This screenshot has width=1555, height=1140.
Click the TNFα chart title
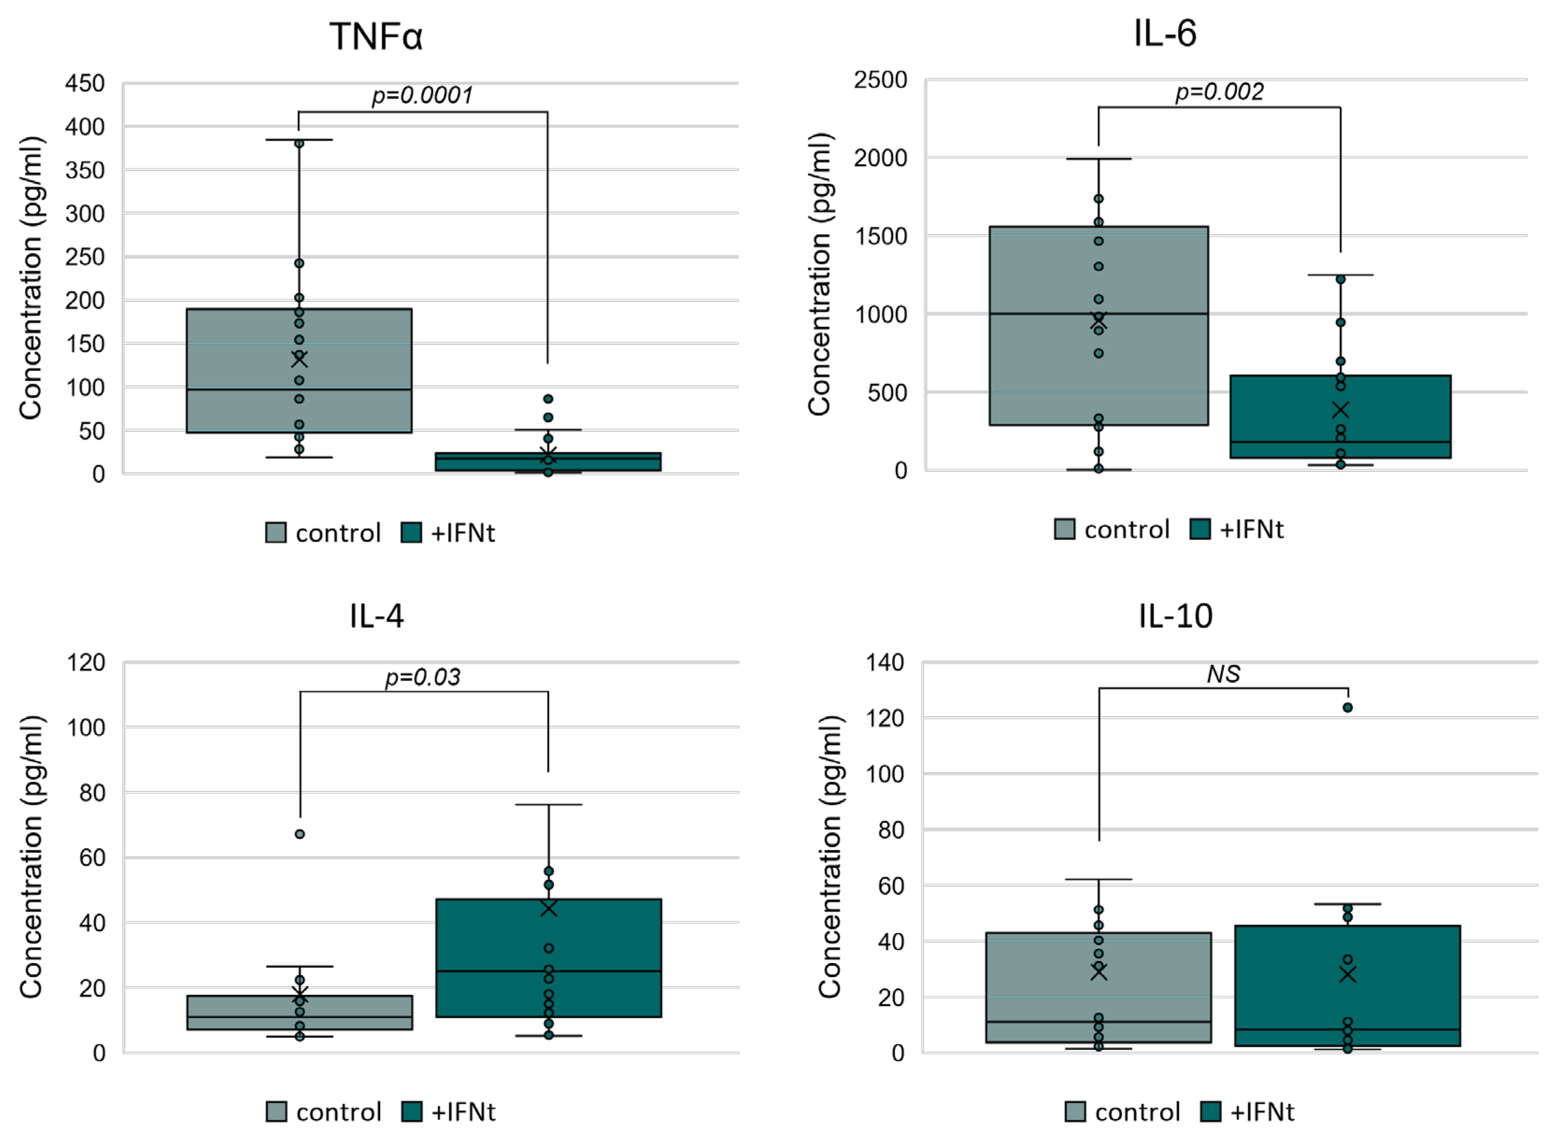click(376, 36)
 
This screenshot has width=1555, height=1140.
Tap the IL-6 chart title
click(1164, 33)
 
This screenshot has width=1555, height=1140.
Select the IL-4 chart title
click(376, 615)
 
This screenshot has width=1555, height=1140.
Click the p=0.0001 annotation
click(422, 95)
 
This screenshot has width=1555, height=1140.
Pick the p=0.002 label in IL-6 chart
click(1219, 92)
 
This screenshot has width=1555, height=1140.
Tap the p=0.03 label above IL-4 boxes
click(422, 677)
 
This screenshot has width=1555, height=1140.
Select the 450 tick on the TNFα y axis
click(85, 84)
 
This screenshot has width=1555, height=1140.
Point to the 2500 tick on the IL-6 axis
click(880, 80)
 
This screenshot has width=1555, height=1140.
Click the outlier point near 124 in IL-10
click(1347, 707)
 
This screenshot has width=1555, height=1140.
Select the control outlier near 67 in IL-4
click(300, 834)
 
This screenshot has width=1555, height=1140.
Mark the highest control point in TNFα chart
click(299, 143)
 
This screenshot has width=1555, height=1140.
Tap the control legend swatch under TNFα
click(275, 533)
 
